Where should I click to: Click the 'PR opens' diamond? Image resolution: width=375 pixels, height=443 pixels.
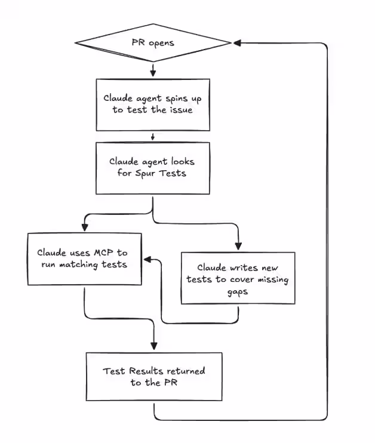153,42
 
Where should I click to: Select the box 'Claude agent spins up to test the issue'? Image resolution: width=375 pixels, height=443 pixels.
153,105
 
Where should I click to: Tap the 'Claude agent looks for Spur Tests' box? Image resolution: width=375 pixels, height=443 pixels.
153,168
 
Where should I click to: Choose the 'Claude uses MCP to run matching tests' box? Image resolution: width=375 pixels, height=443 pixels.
85,259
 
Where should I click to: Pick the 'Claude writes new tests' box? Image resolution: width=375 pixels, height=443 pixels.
238,278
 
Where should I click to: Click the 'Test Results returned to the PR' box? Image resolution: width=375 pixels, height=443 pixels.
154,376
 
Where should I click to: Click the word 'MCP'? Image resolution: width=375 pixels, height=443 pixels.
103,253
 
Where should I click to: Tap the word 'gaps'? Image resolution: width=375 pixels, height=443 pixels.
238,292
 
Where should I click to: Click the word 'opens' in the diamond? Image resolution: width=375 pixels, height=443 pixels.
161,43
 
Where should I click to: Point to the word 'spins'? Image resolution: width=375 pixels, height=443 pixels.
177,99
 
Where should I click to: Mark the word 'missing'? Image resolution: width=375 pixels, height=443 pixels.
273,280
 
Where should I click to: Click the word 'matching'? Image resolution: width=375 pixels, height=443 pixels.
78,265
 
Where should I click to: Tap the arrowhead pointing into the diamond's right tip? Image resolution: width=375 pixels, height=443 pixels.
237,43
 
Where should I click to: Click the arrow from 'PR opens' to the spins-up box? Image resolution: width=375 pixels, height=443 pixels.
153,70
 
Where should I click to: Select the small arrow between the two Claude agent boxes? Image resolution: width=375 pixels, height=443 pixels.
153,137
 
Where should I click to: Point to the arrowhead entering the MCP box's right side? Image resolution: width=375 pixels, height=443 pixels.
148,259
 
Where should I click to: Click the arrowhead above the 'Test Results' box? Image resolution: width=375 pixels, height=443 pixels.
153,346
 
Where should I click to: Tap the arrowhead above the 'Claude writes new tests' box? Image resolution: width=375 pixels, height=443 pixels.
238,246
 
